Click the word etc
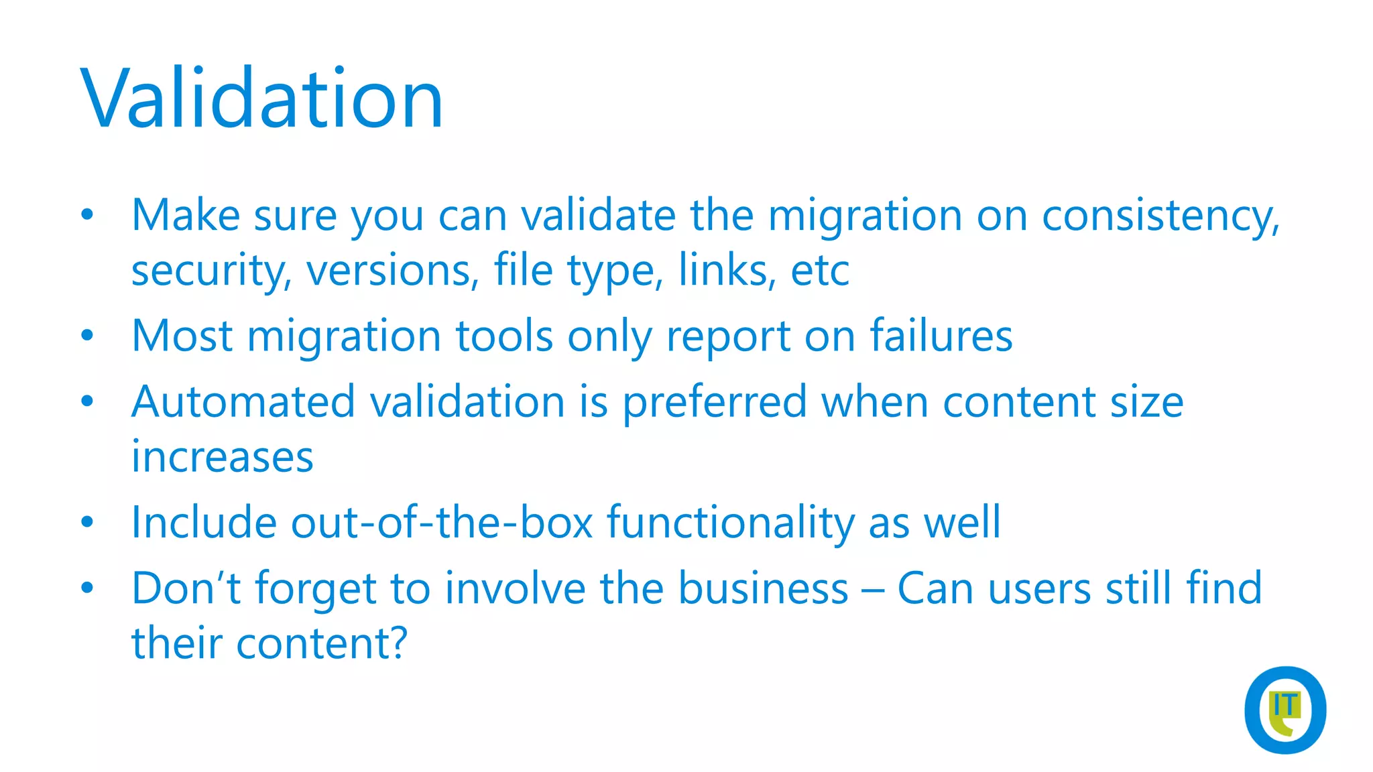(820, 271)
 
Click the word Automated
(243, 402)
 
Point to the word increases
(222, 457)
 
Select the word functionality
(730, 523)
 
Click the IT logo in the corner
(1285, 710)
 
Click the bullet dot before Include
(87, 522)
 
